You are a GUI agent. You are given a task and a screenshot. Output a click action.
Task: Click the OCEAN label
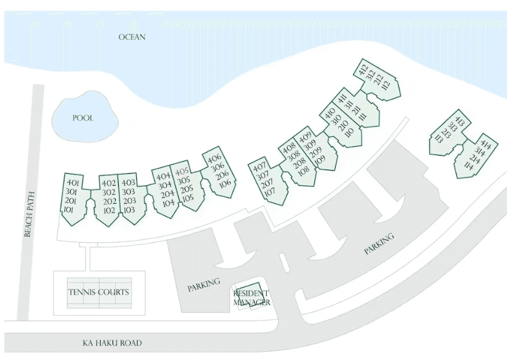tap(132, 37)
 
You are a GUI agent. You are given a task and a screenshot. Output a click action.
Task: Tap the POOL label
tap(83, 118)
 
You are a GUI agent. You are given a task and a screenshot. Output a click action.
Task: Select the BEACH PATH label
tap(29, 214)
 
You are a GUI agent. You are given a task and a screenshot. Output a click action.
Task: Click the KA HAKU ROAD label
tap(112, 343)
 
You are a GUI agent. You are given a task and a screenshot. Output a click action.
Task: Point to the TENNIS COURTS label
tap(99, 292)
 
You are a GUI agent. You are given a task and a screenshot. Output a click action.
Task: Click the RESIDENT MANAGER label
tap(251, 298)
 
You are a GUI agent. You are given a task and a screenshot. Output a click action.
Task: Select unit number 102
tap(109, 211)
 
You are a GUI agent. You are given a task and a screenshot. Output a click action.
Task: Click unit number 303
tap(128, 192)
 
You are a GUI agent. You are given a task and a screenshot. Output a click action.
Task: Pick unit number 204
tap(168, 194)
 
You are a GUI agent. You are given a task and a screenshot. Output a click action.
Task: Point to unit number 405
tap(182, 172)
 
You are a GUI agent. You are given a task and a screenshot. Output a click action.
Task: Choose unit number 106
tap(225, 184)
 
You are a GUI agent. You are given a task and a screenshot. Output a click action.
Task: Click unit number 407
tap(259, 167)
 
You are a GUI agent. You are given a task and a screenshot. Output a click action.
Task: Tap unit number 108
tap(304, 171)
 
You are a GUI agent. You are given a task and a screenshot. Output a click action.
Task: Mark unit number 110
tap(350, 132)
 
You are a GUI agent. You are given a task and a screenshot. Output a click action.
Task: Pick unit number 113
tap(438, 139)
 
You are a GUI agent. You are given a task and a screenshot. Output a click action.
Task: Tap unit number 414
tap(486, 145)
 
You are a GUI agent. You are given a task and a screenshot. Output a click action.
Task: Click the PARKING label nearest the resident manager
tap(204, 285)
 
